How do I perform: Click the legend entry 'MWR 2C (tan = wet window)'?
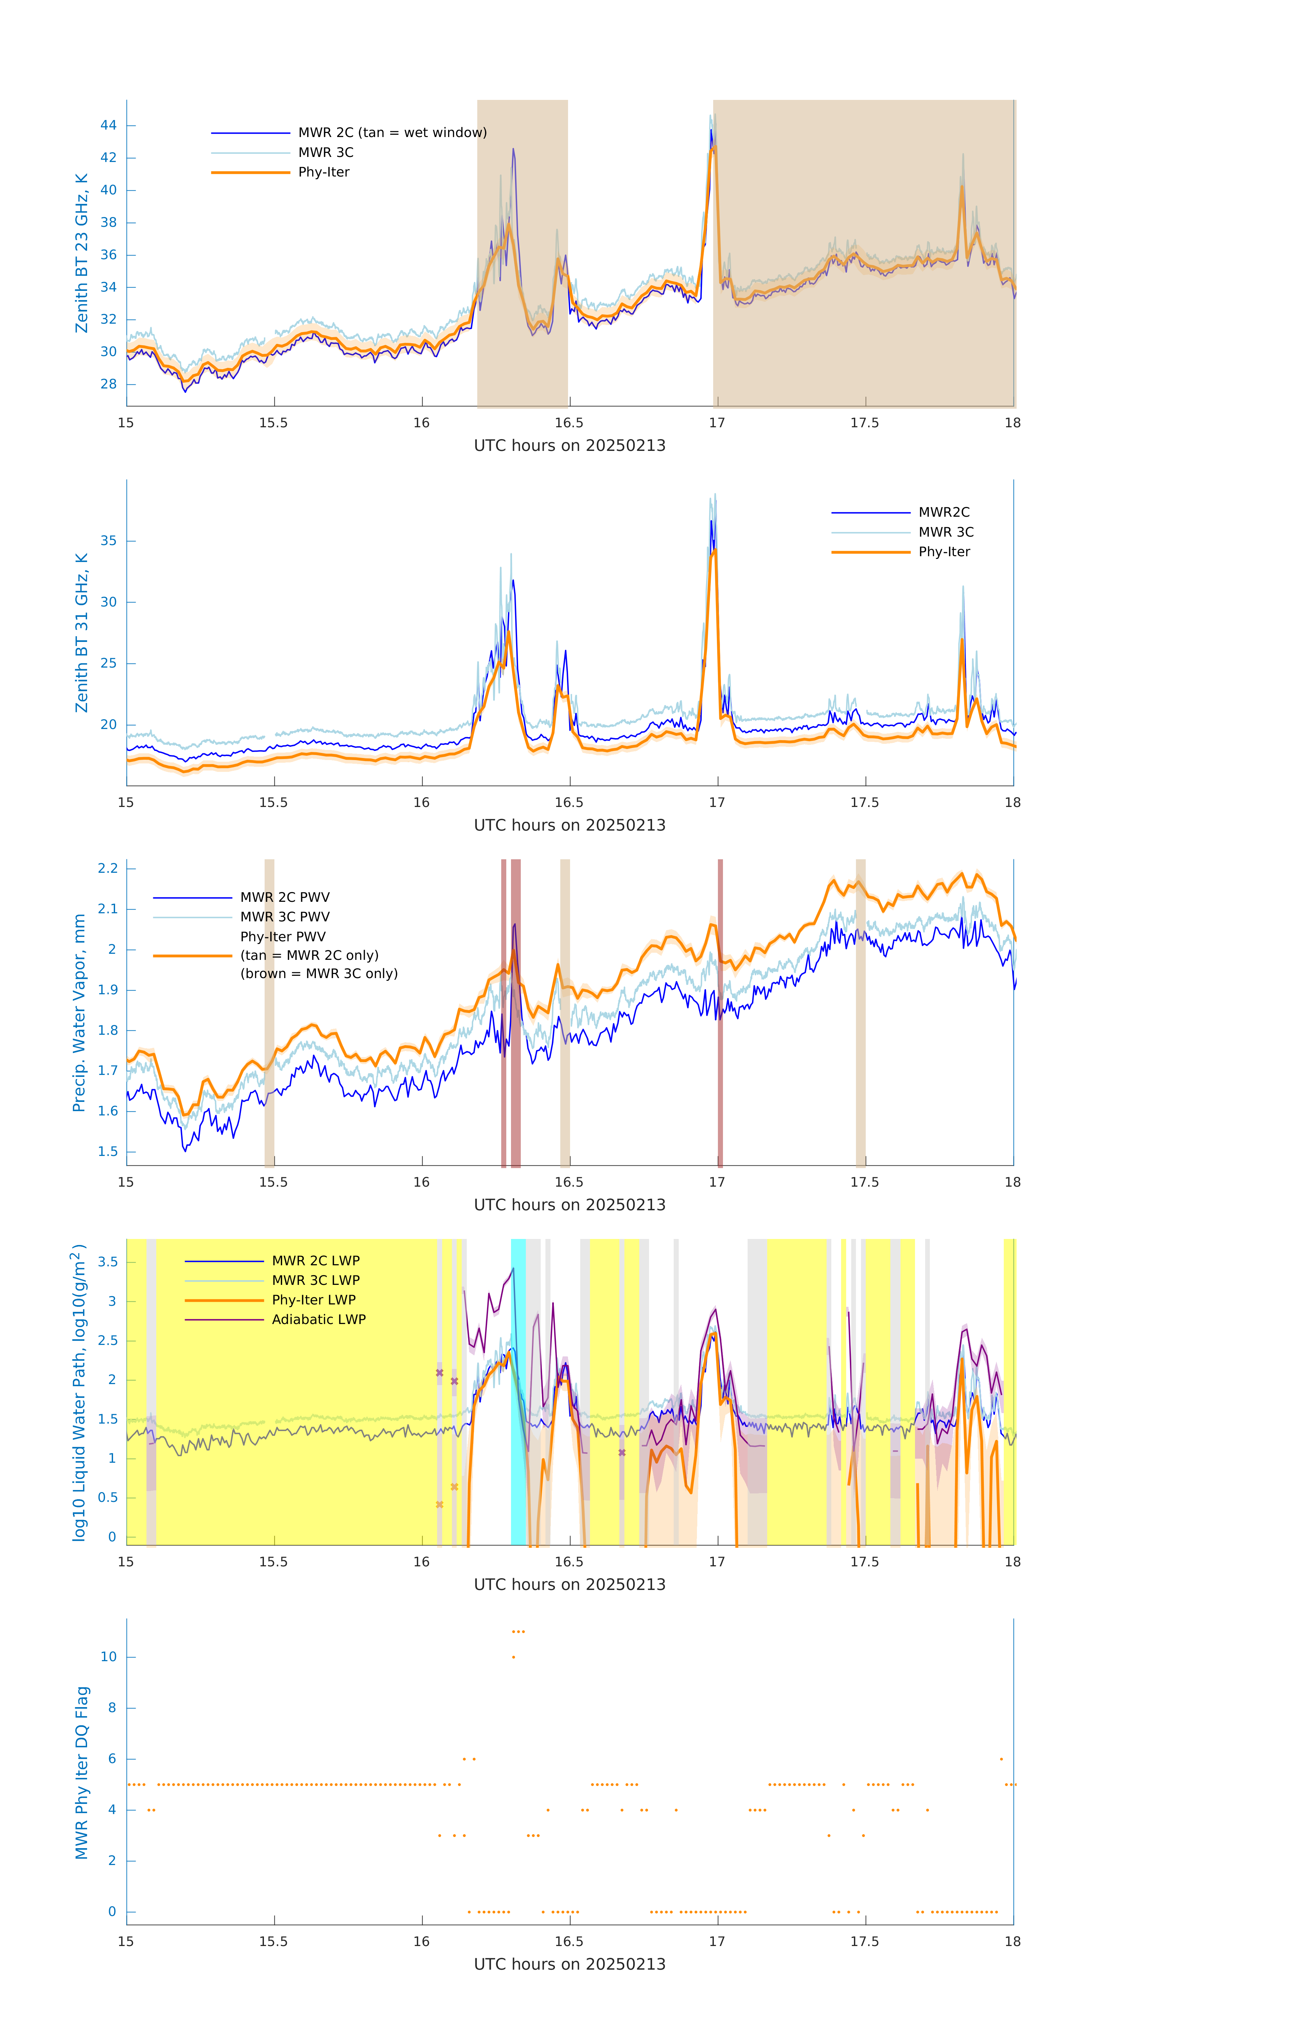point(392,133)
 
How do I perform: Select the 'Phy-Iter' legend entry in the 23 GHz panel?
point(324,172)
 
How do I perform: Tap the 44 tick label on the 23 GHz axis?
point(108,125)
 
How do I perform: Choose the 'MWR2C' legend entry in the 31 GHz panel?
point(944,512)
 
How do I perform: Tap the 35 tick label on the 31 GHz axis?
point(108,541)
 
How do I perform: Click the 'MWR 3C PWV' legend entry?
point(285,917)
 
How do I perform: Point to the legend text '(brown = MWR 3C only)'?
point(319,974)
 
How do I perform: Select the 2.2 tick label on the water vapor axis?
point(108,868)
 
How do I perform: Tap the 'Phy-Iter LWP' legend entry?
point(314,1300)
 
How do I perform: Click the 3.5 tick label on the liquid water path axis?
point(108,1262)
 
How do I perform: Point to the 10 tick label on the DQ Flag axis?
point(108,1657)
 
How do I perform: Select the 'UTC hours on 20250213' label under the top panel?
point(569,446)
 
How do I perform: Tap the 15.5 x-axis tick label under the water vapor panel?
point(273,1182)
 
